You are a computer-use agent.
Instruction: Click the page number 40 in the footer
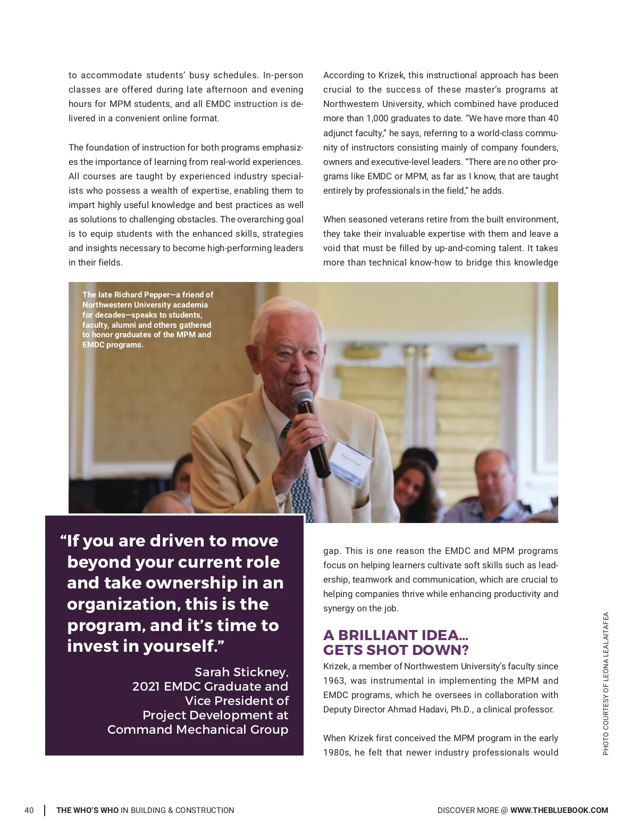[x=29, y=810]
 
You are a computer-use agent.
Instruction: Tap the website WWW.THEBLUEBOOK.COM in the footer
[x=559, y=810]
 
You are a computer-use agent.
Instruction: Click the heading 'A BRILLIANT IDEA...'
[x=396, y=635]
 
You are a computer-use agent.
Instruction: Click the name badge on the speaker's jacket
[x=350, y=451]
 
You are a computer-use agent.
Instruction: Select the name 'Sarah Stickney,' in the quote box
[x=241, y=671]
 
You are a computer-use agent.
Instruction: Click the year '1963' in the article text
[x=334, y=681]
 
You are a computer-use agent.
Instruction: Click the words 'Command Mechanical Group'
[x=198, y=729]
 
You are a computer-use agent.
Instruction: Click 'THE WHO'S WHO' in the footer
[x=87, y=810]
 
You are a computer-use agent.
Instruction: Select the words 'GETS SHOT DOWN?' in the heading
[x=396, y=650]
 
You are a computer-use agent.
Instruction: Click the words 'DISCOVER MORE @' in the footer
[x=472, y=810]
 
